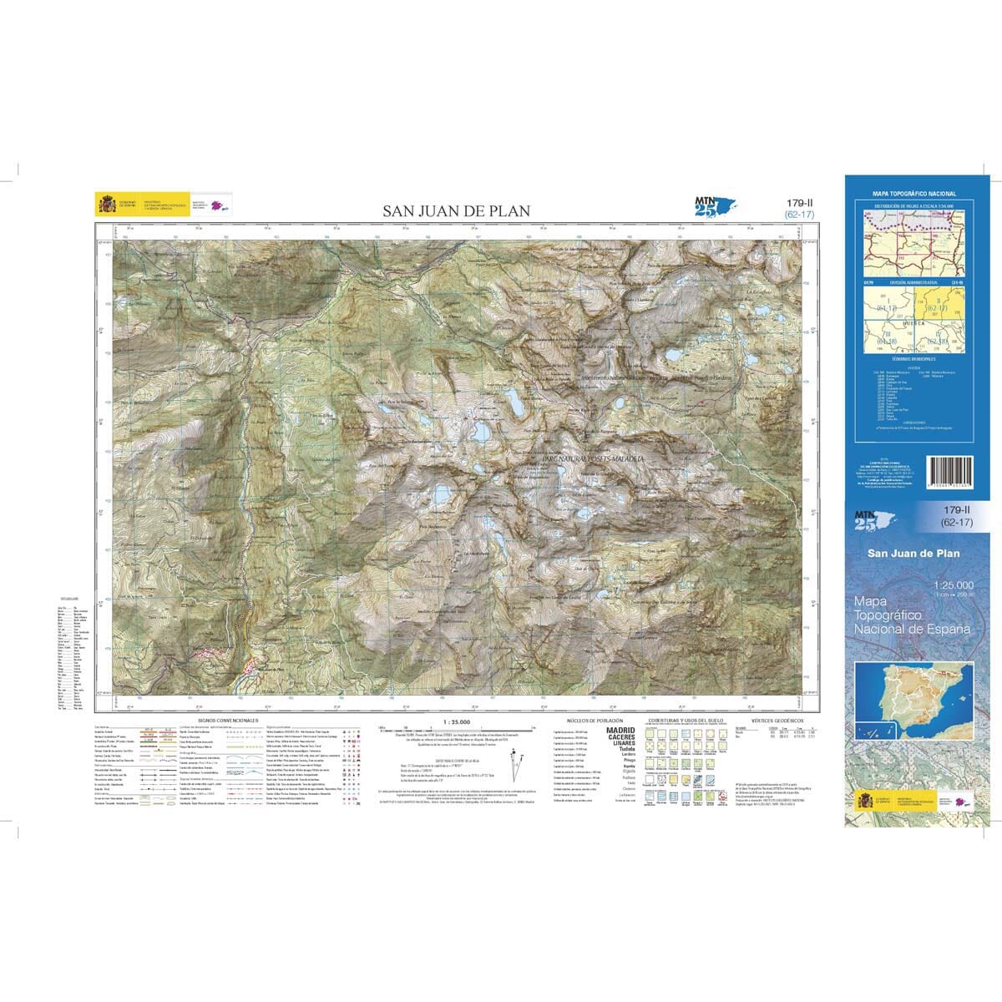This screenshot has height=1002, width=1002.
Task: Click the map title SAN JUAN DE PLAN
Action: [456, 211]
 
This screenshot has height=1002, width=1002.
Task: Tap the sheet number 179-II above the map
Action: [799, 204]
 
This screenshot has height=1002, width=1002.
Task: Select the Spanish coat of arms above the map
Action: [106, 205]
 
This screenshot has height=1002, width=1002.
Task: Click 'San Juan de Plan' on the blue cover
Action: [913, 553]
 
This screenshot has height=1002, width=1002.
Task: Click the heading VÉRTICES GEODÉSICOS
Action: [777, 720]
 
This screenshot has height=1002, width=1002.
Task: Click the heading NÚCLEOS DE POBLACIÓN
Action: [590, 720]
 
